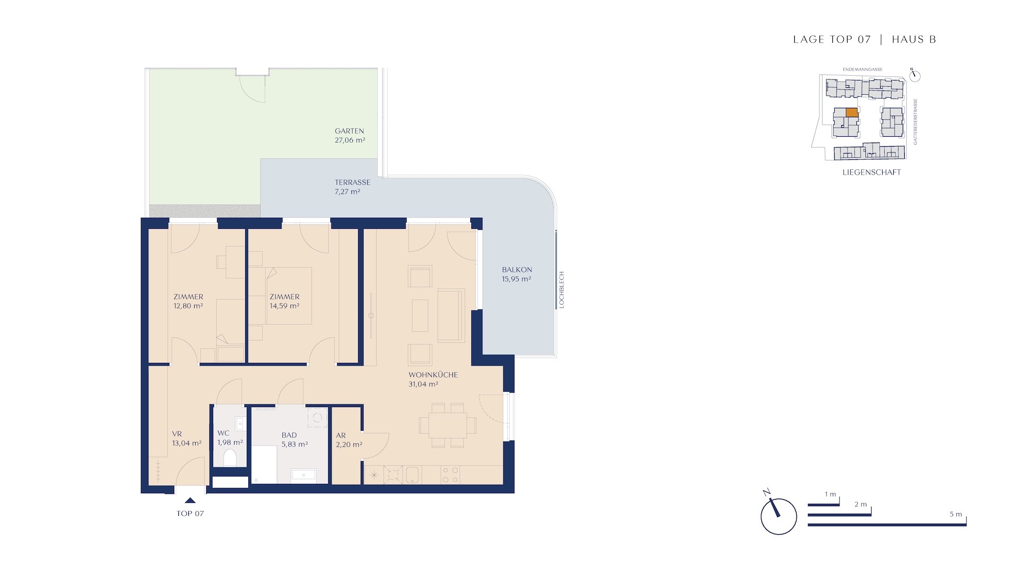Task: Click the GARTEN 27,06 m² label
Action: pyautogui.click(x=350, y=136)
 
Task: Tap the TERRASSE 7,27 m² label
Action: pyautogui.click(x=352, y=187)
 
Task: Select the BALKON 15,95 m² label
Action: pyautogui.click(x=517, y=275)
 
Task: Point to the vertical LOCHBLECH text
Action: pyautogui.click(x=561, y=290)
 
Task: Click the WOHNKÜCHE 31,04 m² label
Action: pyautogui.click(x=433, y=380)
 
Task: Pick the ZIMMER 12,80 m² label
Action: pyautogui.click(x=188, y=301)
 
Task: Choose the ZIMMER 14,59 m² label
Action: pyautogui.click(x=285, y=301)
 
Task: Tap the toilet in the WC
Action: pyautogui.click(x=230, y=458)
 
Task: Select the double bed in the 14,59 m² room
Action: pyautogui.click(x=280, y=296)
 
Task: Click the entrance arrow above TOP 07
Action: pyautogui.click(x=190, y=501)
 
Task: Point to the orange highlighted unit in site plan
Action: pyautogui.click(x=852, y=112)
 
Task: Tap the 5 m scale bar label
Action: pyautogui.click(x=956, y=514)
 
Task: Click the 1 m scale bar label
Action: pyautogui.click(x=831, y=494)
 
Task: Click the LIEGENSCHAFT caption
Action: pyautogui.click(x=872, y=172)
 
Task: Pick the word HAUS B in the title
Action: pyautogui.click(x=914, y=39)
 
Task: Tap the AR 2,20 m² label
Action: pyautogui.click(x=349, y=440)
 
